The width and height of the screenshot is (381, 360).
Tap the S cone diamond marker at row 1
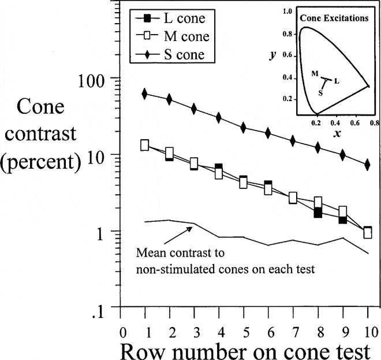[x=144, y=94]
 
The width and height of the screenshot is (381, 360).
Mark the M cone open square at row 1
[x=145, y=144]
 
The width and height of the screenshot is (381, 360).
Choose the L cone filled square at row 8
[x=317, y=213]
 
